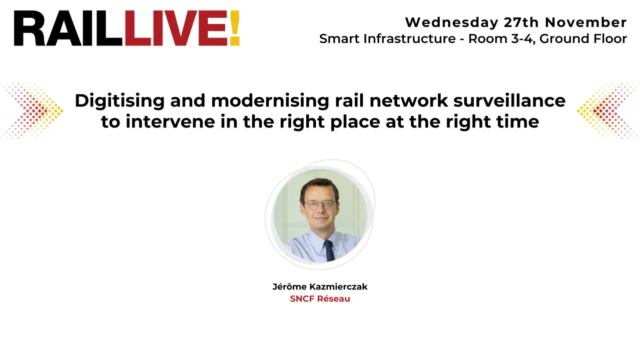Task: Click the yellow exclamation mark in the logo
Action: [234, 28]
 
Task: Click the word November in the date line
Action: [585, 22]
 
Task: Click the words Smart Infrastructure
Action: [387, 38]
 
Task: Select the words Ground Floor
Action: [583, 38]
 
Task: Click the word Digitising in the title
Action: [120, 101]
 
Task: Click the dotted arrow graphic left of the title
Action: [34, 110]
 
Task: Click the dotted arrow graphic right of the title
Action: [606, 110]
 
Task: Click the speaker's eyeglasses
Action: [319, 204]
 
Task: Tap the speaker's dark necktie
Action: [329, 249]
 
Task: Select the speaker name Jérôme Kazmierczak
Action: [320, 286]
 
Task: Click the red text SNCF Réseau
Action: [320, 298]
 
